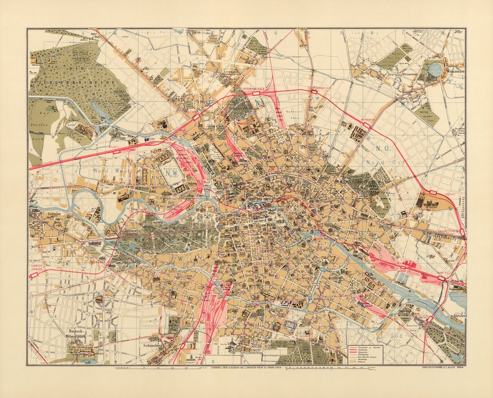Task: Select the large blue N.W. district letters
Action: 174,174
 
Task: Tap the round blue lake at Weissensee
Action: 435,69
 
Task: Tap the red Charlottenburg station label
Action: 39,266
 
